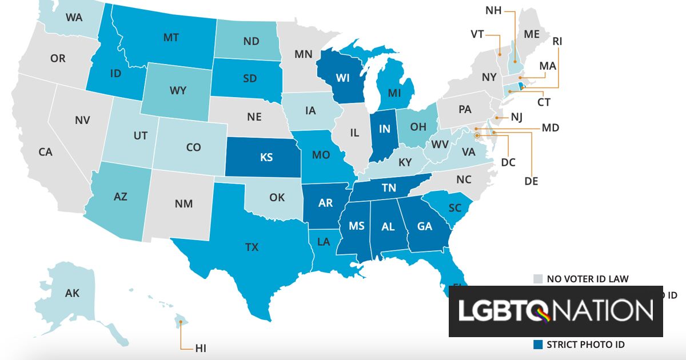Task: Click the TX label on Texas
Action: [252, 247]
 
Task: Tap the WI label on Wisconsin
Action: [342, 78]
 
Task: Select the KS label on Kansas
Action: [266, 157]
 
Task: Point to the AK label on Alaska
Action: [72, 293]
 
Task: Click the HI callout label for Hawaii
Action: [201, 348]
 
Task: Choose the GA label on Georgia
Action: [425, 226]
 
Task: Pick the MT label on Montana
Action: [171, 38]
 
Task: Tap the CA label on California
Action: [45, 152]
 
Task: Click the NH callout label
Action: [493, 10]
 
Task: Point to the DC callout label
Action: [508, 162]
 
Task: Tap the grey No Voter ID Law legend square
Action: [538, 279]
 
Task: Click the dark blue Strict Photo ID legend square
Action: [538, 345]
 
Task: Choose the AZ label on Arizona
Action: [120, 197]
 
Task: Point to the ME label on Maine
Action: [532, 34]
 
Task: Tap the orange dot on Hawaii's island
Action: [181, 322]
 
